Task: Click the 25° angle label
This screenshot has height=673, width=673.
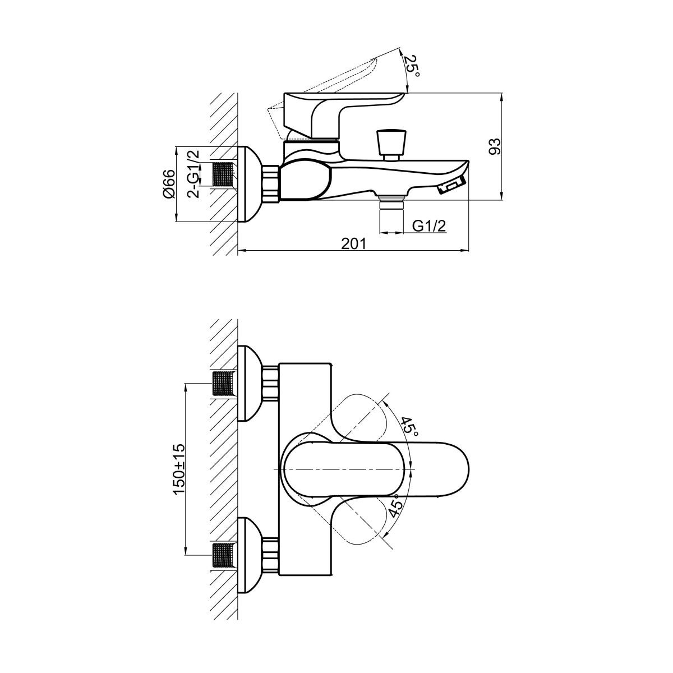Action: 412,66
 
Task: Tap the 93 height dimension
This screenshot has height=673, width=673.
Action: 495,146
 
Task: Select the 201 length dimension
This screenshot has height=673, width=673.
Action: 354,243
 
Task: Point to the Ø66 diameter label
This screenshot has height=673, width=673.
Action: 168,185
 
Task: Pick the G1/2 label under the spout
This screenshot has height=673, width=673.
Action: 429,227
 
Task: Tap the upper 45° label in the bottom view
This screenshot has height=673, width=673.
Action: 410,427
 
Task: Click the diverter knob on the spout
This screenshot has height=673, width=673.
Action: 391,145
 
